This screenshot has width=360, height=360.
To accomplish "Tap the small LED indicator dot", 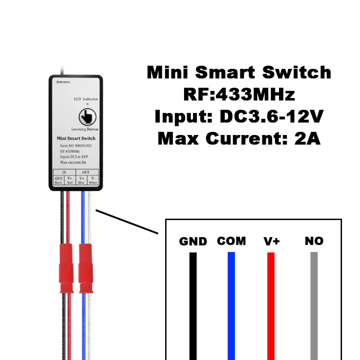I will (88, 104).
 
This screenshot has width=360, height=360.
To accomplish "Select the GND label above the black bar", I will (193, 241).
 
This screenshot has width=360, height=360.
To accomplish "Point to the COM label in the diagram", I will (231, 241).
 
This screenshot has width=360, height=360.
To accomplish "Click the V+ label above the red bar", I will (272, 241).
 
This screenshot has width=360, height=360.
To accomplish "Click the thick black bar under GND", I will (193, 306).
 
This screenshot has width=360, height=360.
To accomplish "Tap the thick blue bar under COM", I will (231, 306).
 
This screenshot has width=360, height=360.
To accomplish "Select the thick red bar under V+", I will (271, 306).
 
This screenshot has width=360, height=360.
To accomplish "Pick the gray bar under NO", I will (314, 306).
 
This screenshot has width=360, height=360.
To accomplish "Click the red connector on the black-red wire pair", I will (66, 268).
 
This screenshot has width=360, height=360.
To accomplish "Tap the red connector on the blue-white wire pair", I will (85, 268).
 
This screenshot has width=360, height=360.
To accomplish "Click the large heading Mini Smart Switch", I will (239, 72).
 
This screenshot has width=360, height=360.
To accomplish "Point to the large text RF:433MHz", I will (239, 94).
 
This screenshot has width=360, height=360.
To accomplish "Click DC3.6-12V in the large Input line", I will (271, 117).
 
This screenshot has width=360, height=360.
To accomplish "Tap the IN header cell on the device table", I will (64, 172).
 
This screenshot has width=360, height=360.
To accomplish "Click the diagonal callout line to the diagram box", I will (127, 221).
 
